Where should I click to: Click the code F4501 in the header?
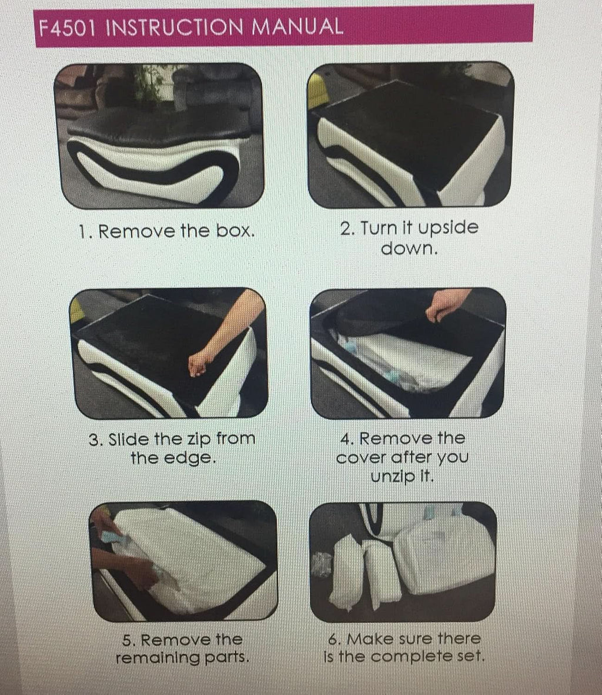pyautogui.click(x=67, y=28)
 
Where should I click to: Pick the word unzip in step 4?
pyautogui.click(x=392, y=477)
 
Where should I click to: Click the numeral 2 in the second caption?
pyautogui.click(x=345, y=229)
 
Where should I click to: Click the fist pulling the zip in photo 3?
pyautogui.click(x=200, y=363)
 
